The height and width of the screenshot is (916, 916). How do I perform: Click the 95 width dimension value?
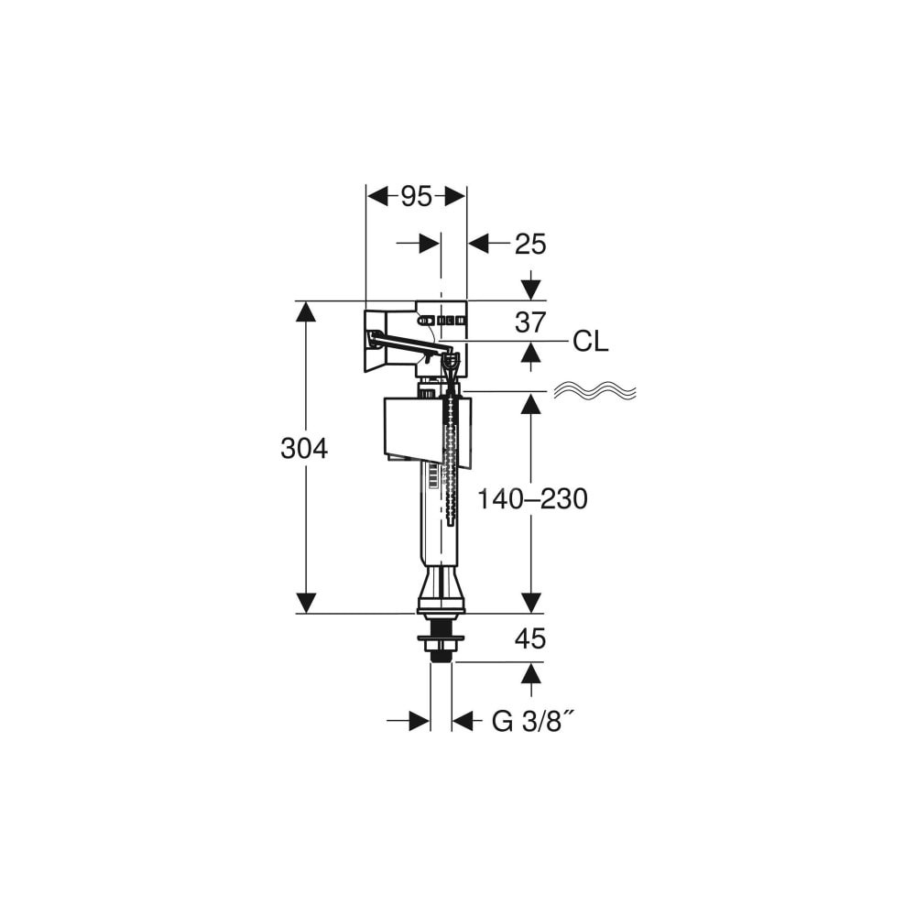(x=417, y=197)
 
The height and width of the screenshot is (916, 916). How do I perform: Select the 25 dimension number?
(x=530, y=245)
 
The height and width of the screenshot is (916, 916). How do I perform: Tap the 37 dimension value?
(x=530, y=322)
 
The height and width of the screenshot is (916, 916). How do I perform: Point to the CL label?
(x=591, y=341)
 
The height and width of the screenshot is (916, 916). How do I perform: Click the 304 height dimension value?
(x=304, y=449)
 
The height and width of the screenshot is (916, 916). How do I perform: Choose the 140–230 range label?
(x=532, y=499)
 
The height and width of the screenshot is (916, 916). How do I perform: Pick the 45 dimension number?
(x=530, y=639)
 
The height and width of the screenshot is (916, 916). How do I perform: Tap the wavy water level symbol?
(x=594, y=391)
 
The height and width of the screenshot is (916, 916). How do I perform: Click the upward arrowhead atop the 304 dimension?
(x=306, y=311)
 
